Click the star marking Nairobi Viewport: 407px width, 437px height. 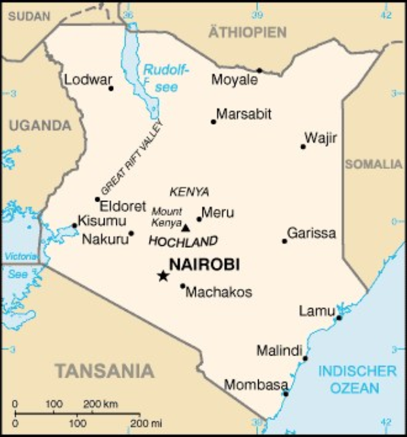[x=163, y=276]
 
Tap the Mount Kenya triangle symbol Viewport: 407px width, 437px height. [x=186, y=228]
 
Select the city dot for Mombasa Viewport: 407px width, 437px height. [x=285, y=394]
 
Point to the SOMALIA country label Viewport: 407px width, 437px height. [x=374, y=164]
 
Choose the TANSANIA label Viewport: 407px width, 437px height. [x=105, y=371]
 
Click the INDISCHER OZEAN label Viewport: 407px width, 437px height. [x=357, y=380]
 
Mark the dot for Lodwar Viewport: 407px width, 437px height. [x=111, y=88]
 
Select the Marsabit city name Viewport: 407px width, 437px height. [x=244, y=114]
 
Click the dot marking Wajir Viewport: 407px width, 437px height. [x=303, y=147]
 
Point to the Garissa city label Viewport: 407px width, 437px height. [x=312, y=233]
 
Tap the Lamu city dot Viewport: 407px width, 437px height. [x=338, y=318]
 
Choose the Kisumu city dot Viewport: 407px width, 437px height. [x=74, y=226]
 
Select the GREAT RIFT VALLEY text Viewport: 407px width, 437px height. [x=131, y=158]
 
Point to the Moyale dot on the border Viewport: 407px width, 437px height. [x=259, y=70]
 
